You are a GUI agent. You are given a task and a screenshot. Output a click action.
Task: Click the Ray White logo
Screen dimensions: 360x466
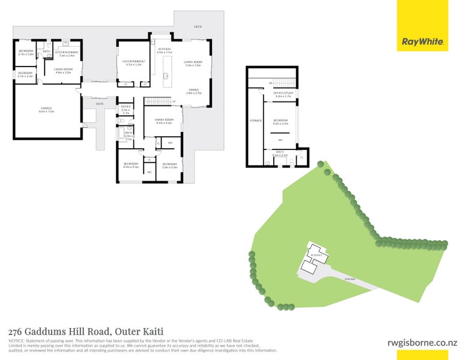click(422, 42)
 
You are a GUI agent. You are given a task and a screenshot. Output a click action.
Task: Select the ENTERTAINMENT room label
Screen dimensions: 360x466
click(134, 61)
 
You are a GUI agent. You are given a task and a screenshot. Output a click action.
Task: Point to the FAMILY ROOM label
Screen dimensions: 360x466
click(164, 119)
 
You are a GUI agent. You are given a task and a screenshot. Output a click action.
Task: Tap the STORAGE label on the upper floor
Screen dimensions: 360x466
click(256, 121)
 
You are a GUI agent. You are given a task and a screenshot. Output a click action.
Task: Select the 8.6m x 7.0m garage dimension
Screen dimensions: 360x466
click(46, 112)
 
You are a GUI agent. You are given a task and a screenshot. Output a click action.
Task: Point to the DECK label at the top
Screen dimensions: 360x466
click(198, 28)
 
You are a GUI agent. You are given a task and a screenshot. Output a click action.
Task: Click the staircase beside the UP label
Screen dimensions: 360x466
click(158, 101)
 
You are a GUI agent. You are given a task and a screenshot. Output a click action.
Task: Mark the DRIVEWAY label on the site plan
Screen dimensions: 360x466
click(350, 279)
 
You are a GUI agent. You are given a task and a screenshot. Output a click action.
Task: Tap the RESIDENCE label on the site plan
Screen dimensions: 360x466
click(316, 255)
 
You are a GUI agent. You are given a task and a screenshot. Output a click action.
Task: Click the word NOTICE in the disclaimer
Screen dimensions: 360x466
click(16, 340)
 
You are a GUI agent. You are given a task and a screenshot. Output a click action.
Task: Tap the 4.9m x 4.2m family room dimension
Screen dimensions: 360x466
click(164, 123)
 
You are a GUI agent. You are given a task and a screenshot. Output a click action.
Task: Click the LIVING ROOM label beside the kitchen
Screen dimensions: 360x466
click(193, 61)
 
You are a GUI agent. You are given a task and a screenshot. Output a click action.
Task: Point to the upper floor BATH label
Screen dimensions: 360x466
click(280, 152)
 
